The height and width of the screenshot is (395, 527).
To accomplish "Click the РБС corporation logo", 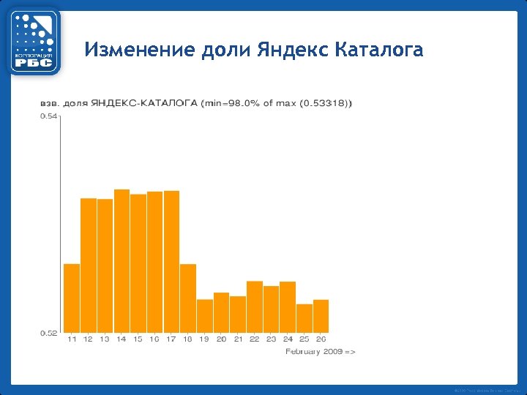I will (34, 42).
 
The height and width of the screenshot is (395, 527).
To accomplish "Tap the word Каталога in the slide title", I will (378, 50).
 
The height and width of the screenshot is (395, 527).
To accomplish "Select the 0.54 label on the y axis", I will (48, 116).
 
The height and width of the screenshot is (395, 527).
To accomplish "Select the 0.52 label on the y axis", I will (48, 333).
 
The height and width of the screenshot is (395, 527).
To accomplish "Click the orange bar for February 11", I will (72, 298).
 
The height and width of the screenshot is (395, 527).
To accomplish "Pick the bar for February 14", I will (122, 261).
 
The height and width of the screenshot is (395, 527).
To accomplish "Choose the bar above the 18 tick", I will (188, 298).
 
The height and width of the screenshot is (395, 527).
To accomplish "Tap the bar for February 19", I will (205, 316).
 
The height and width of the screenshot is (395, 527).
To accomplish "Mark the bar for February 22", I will (255, 306).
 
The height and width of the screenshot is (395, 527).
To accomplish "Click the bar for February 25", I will (304, 318).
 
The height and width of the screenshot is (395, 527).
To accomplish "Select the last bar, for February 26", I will (321, 316).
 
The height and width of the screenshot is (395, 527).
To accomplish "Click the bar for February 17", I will (171, 261).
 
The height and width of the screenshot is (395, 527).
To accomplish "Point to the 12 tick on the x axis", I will (88, 339).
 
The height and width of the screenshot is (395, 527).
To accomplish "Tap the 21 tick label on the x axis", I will (238, 339).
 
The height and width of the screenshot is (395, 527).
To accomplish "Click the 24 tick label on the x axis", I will (288, 339).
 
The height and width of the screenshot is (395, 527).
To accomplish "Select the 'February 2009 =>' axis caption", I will (320, 352).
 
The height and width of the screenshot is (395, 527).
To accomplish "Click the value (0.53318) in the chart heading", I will (325, 103).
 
